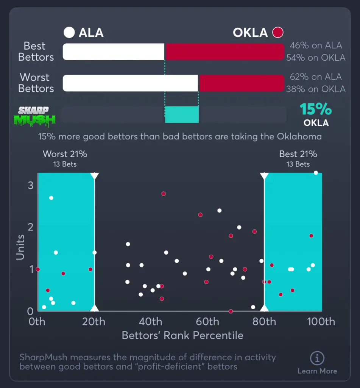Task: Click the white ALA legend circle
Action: [x=69, y=33]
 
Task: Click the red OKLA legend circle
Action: [x=278, y=33]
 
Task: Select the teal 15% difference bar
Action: [x=182, y=114]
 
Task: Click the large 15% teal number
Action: [x=316, y=110]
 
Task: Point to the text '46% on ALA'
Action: [x=316, y=45]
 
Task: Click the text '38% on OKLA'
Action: [x=316, y=89]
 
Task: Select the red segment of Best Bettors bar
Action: [x=225, y=52]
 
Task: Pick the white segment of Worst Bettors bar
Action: [x=130, y=83]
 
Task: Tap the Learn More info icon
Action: [x=317, y=358]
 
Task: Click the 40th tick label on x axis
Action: [x=151, y=322]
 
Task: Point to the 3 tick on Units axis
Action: [x=30, y=185]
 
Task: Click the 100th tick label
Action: [x=321, y=322]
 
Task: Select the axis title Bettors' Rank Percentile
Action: [x=182, y=335]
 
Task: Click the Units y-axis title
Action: [x=20, y=247]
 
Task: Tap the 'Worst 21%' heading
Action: [x=65, y=154]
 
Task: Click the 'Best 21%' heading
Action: [x=298, y=154]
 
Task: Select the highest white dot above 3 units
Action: [x=316, y=173]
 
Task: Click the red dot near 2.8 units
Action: [x=164, y=194]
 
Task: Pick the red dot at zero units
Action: [x=231, y=311]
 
